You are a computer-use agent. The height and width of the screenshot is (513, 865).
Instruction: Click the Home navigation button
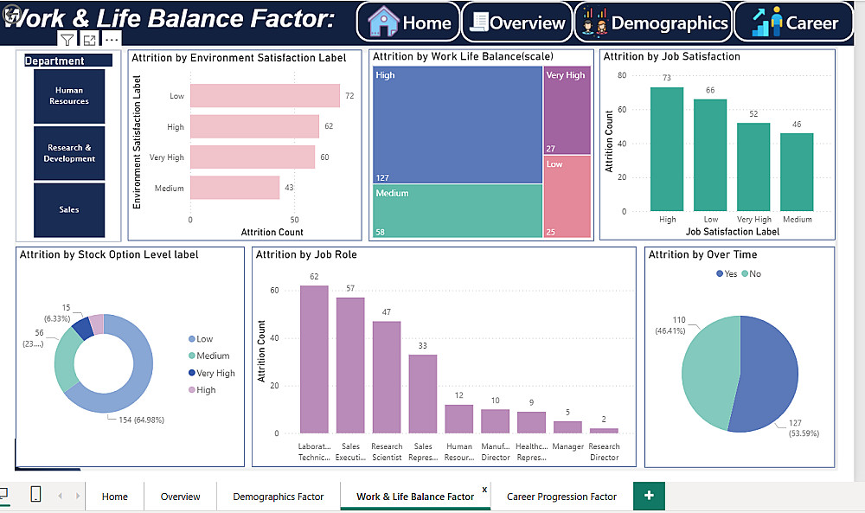point(410,23)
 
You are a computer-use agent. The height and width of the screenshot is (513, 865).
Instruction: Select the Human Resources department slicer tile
point(69,96)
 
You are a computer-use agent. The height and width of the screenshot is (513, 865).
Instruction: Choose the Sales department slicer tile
point(69,209)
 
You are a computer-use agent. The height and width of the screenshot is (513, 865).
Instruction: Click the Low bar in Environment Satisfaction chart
point(265,96)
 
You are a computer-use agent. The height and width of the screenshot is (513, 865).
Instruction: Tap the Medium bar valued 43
point(234,188)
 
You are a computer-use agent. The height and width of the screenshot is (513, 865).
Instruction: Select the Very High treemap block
point(567,110)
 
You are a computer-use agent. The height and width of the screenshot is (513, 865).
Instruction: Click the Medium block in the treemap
point(458,212)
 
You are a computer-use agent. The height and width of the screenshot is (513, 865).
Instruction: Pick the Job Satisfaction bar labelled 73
point(667,149)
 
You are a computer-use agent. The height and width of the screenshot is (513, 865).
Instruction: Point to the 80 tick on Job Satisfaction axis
point(621,75)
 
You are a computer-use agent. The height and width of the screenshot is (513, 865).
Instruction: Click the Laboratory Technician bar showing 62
point(314,359)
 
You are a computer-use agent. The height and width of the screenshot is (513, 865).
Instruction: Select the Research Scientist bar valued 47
point(387,376)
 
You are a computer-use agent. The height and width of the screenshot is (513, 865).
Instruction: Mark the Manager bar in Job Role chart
point(567,426)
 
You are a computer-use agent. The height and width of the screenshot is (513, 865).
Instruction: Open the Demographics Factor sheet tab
point(278,497)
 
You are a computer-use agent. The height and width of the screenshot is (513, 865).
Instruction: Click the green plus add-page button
point(649,496)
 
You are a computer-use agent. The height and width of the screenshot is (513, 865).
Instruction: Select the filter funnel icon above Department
point(67,40)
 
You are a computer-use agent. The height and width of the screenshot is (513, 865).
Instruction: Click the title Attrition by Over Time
point(702,254)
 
